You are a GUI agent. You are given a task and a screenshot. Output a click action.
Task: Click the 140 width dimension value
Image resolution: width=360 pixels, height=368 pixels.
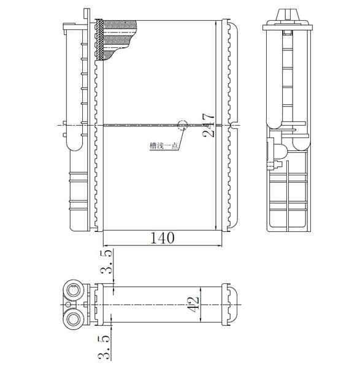click(162, 238)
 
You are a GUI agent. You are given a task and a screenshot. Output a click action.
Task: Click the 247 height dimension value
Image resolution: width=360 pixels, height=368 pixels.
click(209, 125)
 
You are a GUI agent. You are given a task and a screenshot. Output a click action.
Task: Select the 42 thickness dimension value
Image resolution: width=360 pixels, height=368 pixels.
click(194, 304)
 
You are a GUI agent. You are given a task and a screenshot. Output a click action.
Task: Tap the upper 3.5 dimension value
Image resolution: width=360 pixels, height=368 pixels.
click(106, 262)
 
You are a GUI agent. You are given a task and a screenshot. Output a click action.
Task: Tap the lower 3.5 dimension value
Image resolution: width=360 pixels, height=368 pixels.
click(104, 347)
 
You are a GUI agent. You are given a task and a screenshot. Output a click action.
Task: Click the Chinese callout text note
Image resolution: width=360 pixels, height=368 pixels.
click(163, 146)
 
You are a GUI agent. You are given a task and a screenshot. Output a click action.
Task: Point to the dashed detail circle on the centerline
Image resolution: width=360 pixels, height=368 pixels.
click(182, 125)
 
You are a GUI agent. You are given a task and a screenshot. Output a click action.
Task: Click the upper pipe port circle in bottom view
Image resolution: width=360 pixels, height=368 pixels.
click(74, 290)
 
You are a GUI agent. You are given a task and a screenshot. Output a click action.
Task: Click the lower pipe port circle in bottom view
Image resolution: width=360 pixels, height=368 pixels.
click(74, 319)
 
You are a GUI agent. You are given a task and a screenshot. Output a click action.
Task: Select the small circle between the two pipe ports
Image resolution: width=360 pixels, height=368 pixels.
click(68, 305)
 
